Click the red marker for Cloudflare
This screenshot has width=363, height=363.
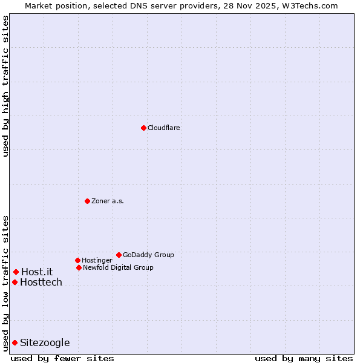[x=143, y=128]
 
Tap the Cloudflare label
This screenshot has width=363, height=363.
[x=164, y=128]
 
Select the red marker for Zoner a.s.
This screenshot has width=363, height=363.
[x=87, y=201]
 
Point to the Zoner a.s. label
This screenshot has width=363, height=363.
[x=108, y=201]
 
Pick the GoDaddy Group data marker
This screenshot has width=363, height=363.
[x=119, y=255]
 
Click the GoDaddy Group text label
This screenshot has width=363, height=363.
[x=148, y=255]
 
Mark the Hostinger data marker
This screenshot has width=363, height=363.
[x=77, y=260]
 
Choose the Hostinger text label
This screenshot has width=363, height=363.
[x=97, y=261]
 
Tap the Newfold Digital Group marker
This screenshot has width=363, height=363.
[x=79, y=267]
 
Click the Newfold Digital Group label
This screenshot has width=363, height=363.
[x=118, y=268]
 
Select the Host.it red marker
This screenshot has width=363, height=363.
[x=16, y=272]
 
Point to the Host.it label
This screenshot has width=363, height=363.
[x=37, y=272]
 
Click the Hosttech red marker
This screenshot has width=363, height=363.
[x=15, y=282]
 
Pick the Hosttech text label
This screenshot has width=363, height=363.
[x=41, y=283]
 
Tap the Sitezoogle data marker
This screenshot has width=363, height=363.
[x=15, y=342]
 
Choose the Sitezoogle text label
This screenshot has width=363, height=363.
[x=45, y=343]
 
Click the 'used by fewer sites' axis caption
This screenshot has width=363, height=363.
[x=62, y=359]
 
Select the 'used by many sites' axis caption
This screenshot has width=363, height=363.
[x=304, y=359]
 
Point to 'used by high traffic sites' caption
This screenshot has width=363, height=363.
[x=6, y=86]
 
